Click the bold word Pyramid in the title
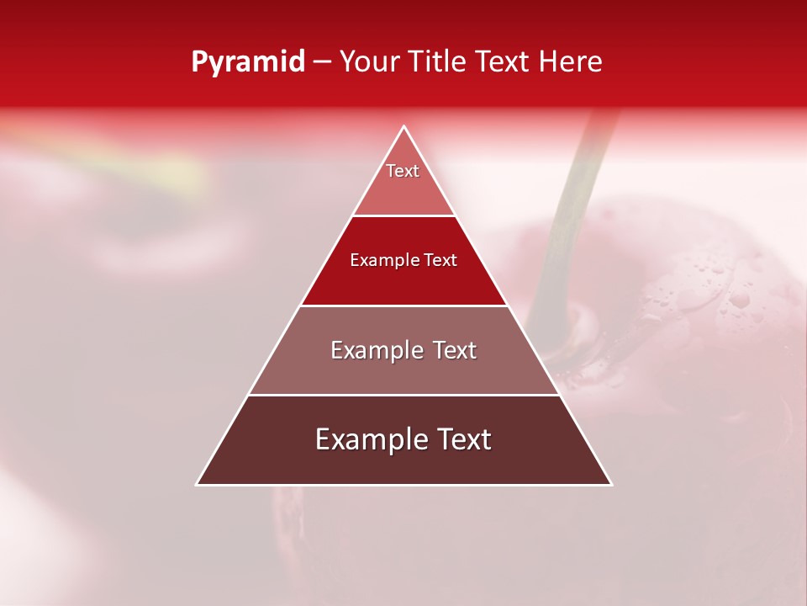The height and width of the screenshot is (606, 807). click(x=248, y=62)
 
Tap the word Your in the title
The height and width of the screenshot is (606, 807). click(x=370, y=62)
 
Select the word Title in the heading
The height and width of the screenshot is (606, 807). click(x=437, y=62)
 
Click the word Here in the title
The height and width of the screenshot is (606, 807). click(x=571, y=62)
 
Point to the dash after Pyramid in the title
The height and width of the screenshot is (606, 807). click(x=321, y=62)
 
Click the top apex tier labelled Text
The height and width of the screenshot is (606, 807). click(x=403, y=189)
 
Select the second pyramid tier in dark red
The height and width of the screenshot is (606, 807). click(x=403, y=282)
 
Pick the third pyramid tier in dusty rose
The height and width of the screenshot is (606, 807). click(x=403, y=370)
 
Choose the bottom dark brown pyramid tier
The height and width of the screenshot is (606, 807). click(x=403, y=463)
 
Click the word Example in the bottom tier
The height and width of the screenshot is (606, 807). click(x=367, y=439)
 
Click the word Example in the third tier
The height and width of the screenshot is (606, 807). click(x=376, y=350)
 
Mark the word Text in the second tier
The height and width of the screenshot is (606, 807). click(x=440, y=260)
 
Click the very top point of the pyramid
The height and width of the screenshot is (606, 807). click(x=403, y=127)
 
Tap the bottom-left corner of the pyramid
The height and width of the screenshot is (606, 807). click(x=198, y=484)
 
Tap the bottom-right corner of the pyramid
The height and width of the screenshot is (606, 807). click(x=610, y=484)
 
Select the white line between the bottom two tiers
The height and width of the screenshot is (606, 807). click(x=403, y=395)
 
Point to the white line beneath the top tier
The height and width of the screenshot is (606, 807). click(x=403, y=215)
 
